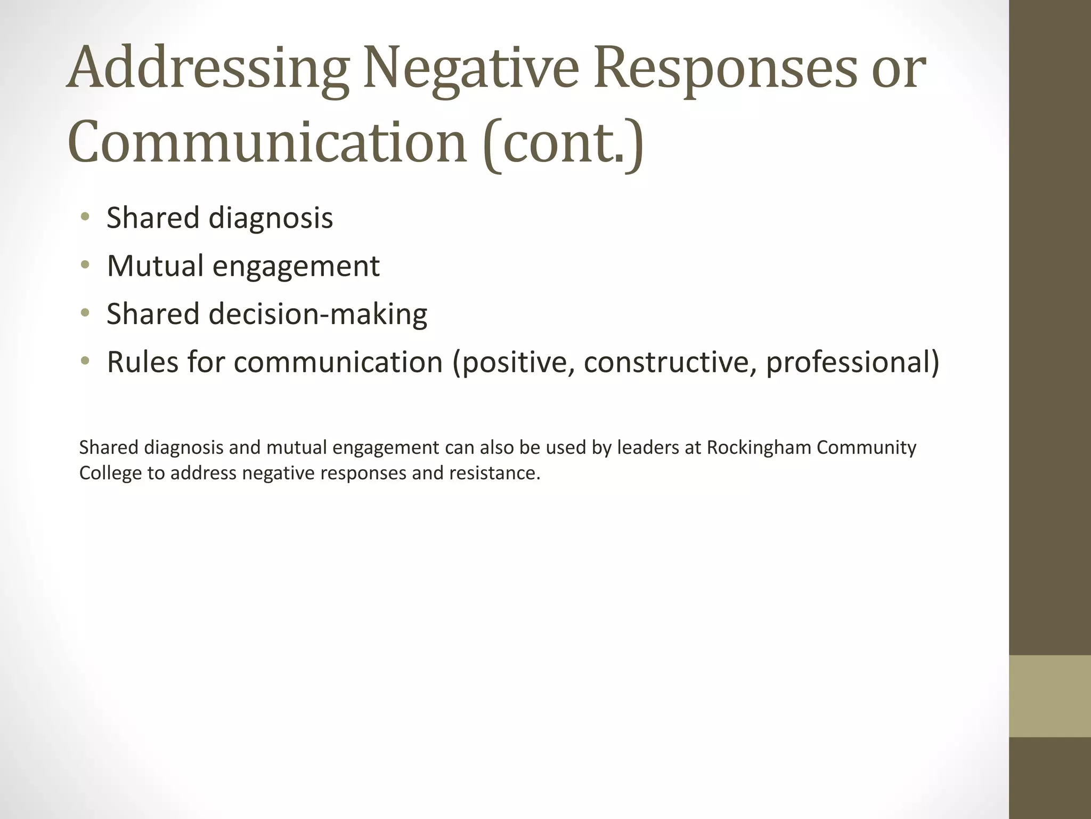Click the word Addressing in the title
(x=208, y=69)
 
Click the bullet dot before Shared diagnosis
(x=85, y=217)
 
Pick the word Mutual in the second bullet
(x=155, y=266)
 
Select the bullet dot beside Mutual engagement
(x=85, y=265)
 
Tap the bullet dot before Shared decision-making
(x=85, y=313)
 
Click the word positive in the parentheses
(x=514, y=363)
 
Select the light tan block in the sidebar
(x=1050, y=696)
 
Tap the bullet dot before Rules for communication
(x=85, y=362)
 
